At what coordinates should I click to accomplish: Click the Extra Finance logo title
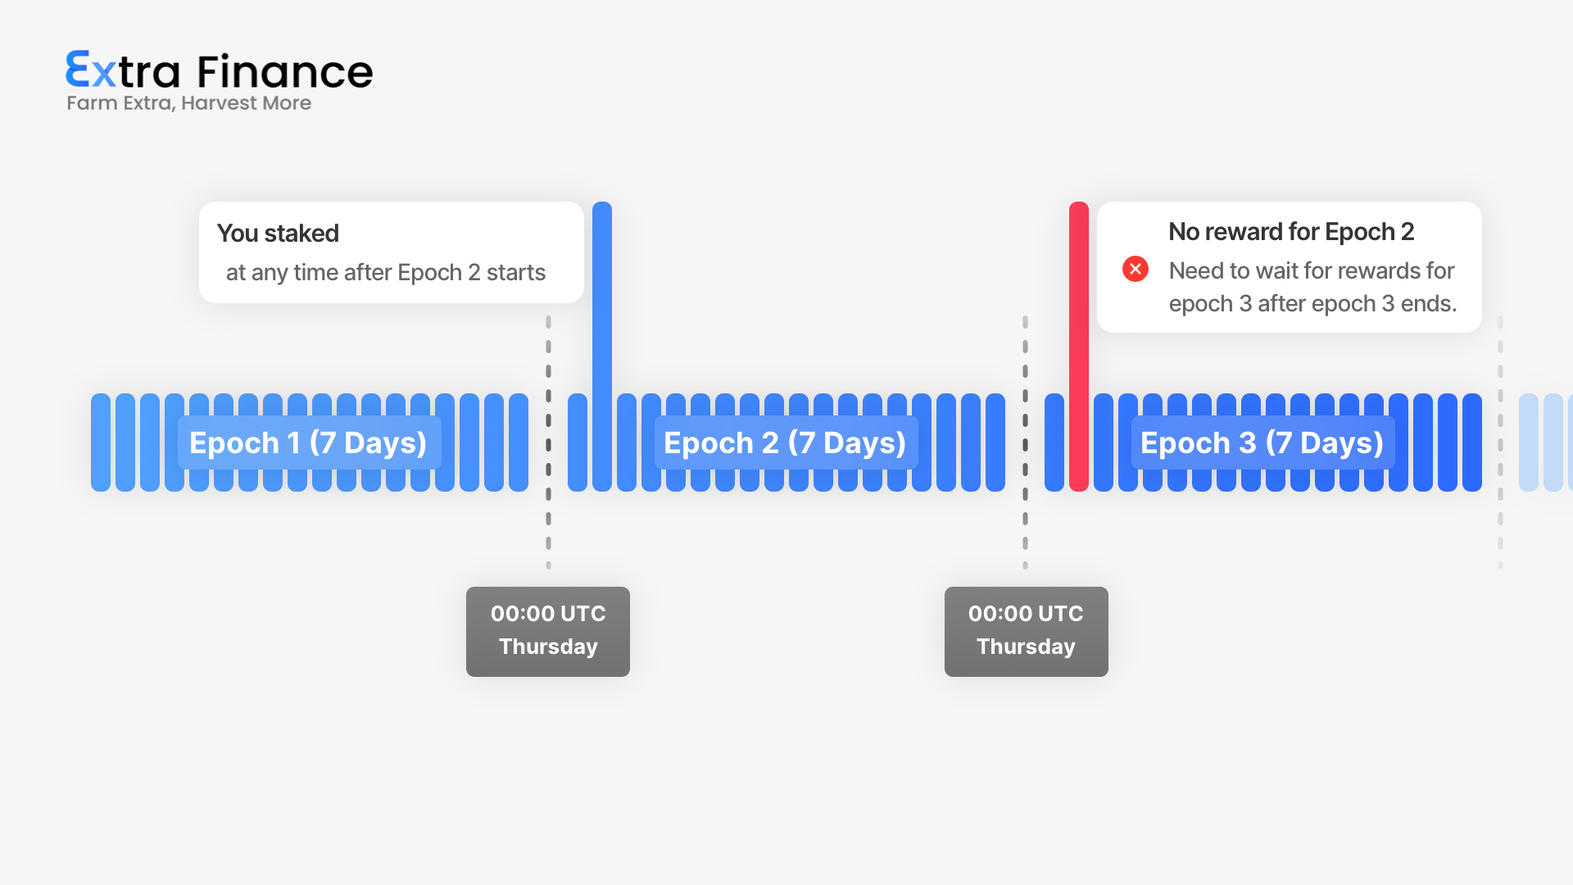[219, 70]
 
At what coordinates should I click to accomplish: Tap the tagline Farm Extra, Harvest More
[188, 103]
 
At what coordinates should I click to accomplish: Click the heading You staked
[278, 234]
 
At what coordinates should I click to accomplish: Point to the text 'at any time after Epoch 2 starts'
[386, 273]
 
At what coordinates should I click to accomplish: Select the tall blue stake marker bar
[602, 346]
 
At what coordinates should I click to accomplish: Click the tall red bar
[1079, 346]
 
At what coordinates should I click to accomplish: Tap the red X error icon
[1136, 269]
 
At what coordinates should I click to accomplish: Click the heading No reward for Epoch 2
[1291, 232]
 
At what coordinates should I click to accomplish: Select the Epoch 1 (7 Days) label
[309, 442]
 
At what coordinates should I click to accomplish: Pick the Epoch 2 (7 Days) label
[786, 442]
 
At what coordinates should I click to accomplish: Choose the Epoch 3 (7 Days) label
[1262, 442]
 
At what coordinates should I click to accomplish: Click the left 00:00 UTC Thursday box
[548, 632]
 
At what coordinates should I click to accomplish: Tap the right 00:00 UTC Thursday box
[1027, 632]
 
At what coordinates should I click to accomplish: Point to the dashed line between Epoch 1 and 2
[549, 442]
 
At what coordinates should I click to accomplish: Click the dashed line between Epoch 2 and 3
[1025, 442]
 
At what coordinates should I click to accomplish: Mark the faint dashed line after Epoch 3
[1500, 442]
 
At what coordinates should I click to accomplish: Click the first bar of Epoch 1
[101, 442]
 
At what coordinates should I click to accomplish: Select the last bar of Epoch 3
[1472, 442]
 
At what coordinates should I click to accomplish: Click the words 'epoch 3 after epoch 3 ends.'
[1312, 304]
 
